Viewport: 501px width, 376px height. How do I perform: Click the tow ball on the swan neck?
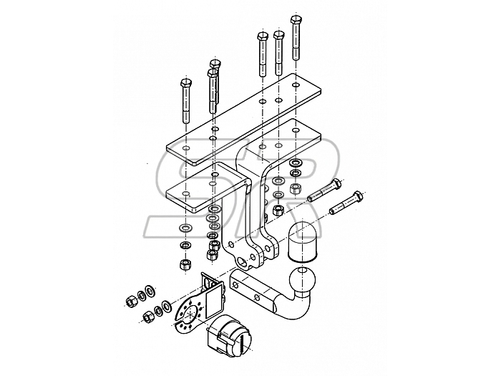click(x=302, y=279)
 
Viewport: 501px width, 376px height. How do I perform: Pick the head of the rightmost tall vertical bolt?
click(x=296, y=20)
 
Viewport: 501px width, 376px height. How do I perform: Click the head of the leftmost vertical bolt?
click(x=185, y=83)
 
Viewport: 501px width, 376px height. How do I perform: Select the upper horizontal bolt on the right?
click(x=325, y=191)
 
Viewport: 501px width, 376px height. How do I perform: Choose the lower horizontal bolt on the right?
click(x=347, y=203)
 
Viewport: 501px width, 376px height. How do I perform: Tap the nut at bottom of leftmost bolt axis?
click(x=185, y=264)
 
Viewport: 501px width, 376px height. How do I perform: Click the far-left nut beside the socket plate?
click(x=131, y=302)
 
